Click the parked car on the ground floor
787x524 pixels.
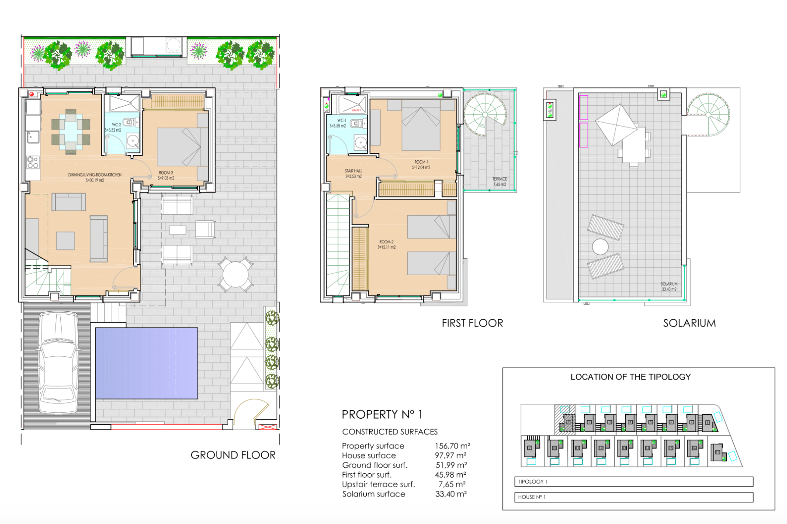click(x=58, y=362)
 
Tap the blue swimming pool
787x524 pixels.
click(x=146, y=363)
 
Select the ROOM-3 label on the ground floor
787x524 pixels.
click(x=166, y=176)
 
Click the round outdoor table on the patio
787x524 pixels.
click(x=236, y=274)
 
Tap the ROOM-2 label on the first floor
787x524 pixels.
click(x=387, y=245)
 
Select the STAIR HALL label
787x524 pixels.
click(x=354, y=174)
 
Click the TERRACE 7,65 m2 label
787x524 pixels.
click(x=499, y=182)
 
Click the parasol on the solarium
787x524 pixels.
click(x=617, y=124)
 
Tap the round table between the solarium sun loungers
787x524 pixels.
click(x=600, y=247)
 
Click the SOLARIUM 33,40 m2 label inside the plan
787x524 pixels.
click(x=669, y=286)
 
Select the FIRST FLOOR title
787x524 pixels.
click(x=472, y=323)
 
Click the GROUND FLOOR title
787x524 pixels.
click(x=233, y=455)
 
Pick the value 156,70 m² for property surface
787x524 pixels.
click(x=452, y=446)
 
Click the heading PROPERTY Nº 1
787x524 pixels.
click(x=382, y=414)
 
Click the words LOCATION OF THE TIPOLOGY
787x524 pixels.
click(x=631, y=377)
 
